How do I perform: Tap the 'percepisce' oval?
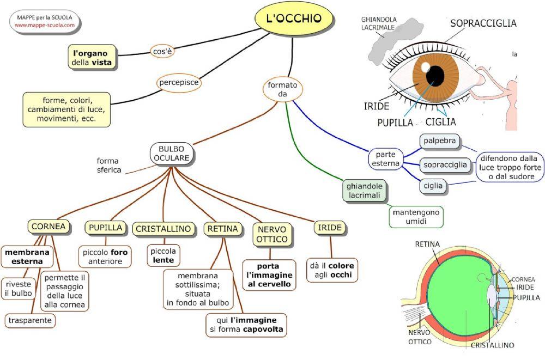pos(178,83)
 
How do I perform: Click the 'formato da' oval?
pos(282,90)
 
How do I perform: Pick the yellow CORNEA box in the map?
pos(49,226)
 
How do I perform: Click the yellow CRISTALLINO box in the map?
pos(163,229)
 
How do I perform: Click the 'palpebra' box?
pos(440,142)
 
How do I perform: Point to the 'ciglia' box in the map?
pos(434,186)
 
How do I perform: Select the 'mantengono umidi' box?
pos(416,217)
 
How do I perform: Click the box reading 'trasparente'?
pos(31,320)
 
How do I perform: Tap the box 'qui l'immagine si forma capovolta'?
pos(246,325)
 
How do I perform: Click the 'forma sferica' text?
pos(108,165)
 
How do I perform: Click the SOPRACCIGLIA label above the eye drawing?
pos(483,23)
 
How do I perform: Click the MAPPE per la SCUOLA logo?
pos(45,21)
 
